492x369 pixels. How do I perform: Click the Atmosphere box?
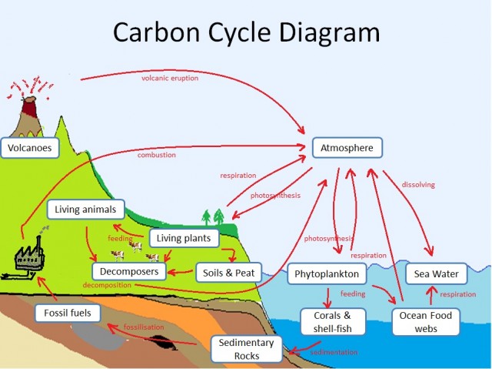click(347, 147)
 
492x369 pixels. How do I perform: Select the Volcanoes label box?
click(31, 147)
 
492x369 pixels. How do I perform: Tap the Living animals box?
click(85, 210)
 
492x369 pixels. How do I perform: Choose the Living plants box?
click(184, 239)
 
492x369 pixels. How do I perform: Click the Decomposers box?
click(128, 271)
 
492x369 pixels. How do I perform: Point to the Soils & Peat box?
click(229, 273)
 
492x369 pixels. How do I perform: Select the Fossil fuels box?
click(68, 313)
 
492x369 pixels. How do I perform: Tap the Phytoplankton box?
click(327, 273)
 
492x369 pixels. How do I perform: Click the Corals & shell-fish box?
click(332, 322)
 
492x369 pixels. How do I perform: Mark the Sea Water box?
click(436, 273)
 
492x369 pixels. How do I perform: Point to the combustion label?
click(157, 155)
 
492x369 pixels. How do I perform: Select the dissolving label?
click(418, 184)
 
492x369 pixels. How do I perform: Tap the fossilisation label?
click(145, 327)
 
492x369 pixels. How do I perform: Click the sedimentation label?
click(334, 352)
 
